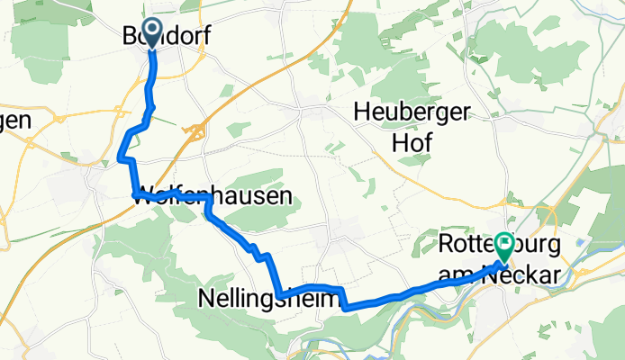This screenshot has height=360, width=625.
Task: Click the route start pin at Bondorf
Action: (150, 33)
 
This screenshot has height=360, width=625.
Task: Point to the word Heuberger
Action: (413, 112)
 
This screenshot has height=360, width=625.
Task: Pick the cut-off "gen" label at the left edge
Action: (15, 120)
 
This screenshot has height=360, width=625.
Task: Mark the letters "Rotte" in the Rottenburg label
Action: (464, 246)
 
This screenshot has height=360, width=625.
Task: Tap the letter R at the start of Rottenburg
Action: (446, 246)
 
